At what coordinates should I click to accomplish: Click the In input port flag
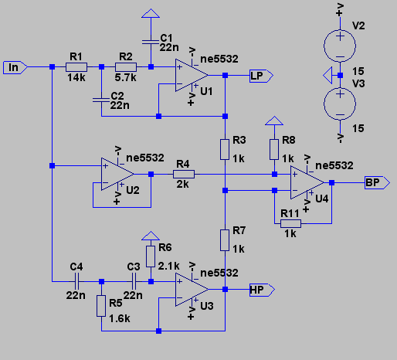(15, 68)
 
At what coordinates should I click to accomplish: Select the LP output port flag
(261, 76)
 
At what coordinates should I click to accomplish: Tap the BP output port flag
(377, 183)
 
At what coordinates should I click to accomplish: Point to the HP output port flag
(262, 290)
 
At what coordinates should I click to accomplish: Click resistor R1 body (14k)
(76, 67)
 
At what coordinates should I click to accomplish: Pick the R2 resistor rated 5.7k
(126, 67)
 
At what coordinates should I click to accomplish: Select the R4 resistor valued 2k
(184, 175)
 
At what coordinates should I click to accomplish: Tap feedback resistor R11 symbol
(290, 223)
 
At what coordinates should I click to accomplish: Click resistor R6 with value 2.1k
(151, 256)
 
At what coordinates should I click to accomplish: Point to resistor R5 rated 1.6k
(101, 306)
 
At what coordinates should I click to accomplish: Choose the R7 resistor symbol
(225, 240)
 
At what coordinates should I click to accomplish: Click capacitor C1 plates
(151, 42)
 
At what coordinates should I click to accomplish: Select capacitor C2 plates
(101, 100)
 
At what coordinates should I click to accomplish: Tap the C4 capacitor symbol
(76, 281)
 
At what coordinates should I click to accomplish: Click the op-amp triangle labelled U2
(117, 175)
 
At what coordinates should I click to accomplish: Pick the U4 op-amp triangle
(307, 182)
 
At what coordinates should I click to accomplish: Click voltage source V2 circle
(340, 46)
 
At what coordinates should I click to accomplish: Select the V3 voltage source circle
(340, 104)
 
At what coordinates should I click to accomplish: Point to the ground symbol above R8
(274, 121)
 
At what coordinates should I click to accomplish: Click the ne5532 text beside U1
(219, 59)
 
